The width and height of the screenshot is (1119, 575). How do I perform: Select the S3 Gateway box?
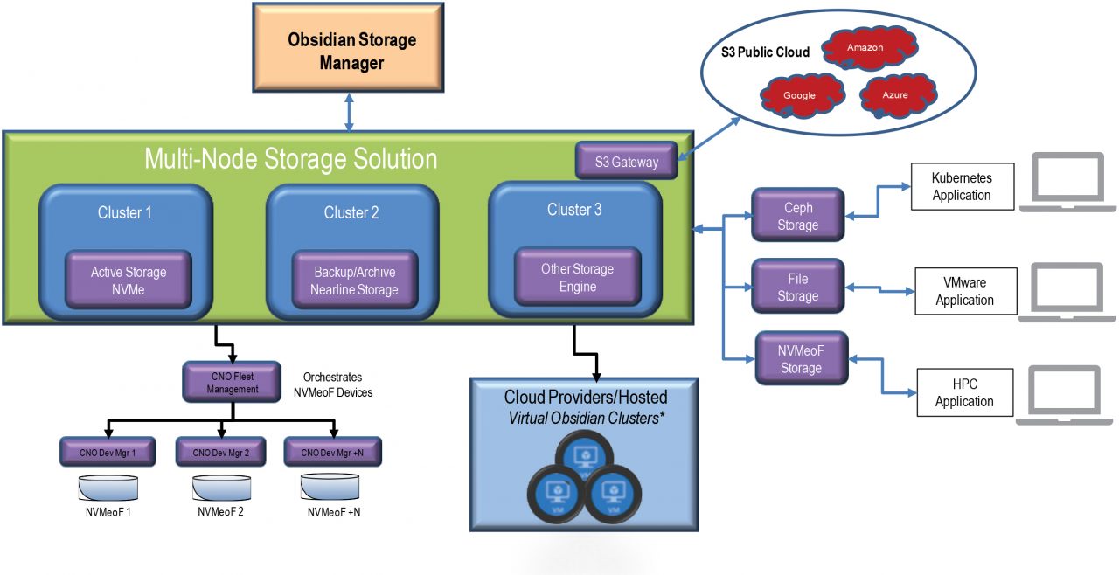[626, 162]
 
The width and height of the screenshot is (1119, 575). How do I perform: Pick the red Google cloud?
[800, 94]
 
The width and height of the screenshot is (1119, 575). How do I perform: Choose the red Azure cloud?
[895, 94]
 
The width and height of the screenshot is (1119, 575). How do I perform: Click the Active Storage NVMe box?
[129, 281]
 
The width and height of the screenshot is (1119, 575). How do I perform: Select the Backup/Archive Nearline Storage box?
[354, 281]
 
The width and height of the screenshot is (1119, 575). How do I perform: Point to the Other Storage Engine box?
[577, 277]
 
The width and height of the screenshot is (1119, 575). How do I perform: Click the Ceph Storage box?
[798, 216]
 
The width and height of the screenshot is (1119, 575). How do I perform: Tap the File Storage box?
[798, 287]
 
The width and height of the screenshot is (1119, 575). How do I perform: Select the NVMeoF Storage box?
[801, 359]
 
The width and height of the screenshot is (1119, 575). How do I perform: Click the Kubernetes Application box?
[962, 186]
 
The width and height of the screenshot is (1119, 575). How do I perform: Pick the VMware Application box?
[965, 291]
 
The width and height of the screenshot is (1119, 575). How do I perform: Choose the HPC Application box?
[964, 393]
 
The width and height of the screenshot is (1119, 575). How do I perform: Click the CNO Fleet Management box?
[232, 382]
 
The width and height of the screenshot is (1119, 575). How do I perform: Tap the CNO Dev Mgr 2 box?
[221, 453]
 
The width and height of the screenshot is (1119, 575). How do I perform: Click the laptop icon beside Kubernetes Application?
[1068, 183]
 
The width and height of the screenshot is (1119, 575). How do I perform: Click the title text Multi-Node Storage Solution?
[290, 159]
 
